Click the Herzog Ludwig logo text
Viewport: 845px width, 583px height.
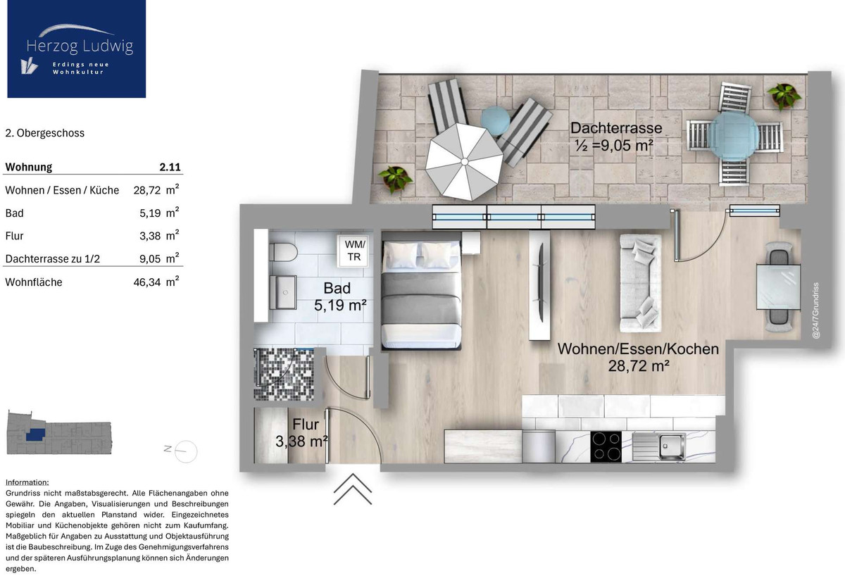click(x=80, y=46)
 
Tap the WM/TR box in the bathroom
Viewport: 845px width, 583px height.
click(x=353, y=251)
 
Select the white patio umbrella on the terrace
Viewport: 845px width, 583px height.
click(x=464, y=162)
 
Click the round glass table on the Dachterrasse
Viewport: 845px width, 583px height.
click(x=733, y=134)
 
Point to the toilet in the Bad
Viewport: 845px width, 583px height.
click(x=283, y=252)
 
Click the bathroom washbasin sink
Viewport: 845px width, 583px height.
click(x=283, y=293)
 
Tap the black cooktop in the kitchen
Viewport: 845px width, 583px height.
click(x=606, y=447)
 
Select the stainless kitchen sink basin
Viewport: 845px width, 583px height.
click(x=672, y=446)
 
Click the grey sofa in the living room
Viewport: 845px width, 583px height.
click(x=640, y=283)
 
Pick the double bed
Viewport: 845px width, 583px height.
click(x=421, y=291)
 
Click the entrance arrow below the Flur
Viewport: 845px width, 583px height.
click(x=353, y=489)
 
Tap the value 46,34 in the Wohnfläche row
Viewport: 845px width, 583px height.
click(x=147, y=282)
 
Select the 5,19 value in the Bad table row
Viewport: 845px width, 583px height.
click(x=150, y=213)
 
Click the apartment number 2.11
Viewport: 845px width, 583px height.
click(x=170, y=167)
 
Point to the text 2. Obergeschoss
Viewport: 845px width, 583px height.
click(x=45, y=133)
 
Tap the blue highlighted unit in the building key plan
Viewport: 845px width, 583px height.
click(x=35, y=434)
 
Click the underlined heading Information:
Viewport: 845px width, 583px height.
click(x=27, y=482)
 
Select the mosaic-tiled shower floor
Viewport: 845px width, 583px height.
click(x=284, y=375)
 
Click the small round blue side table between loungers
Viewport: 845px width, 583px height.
click(x=495, y=120)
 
